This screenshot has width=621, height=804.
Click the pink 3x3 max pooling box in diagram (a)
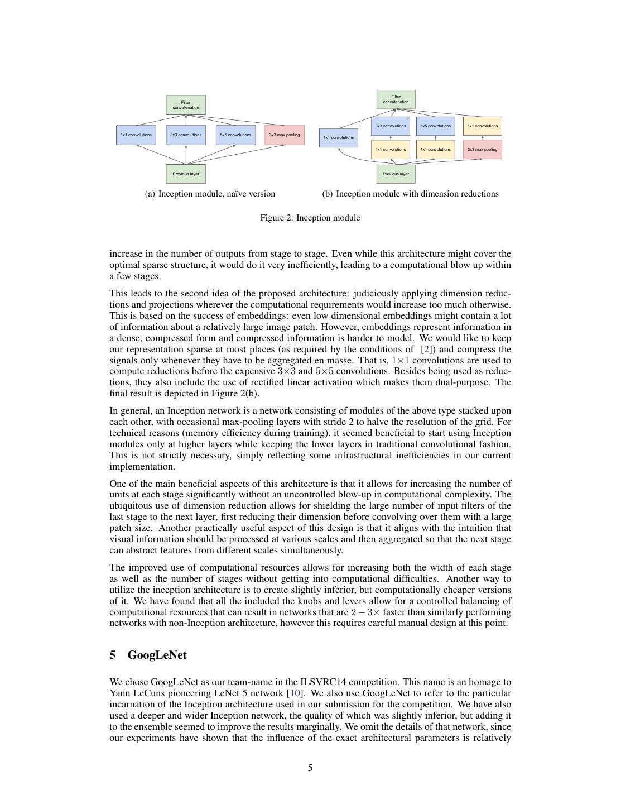(285, 135)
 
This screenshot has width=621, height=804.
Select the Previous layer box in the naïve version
(186, 174)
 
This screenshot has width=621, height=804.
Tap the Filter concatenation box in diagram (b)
(396, 99)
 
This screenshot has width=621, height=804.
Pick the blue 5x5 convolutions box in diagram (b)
(436, 126)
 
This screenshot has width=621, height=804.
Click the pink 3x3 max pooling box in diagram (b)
(483, 150)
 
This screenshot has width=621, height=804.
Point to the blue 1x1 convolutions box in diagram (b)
(339, 138)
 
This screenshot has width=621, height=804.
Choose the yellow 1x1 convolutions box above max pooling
(483, 126)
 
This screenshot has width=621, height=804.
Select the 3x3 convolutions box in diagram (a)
(186, 135)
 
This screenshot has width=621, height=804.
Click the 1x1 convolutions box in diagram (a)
(136, 135)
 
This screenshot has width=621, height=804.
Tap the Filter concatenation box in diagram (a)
(186, 105)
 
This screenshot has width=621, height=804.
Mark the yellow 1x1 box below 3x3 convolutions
(391, 150)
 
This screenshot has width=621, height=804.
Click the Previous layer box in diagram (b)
(396, 174)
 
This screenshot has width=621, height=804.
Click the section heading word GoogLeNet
(157, 655)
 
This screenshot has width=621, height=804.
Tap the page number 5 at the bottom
(310, 768)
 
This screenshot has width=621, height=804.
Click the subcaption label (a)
(150, 194)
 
